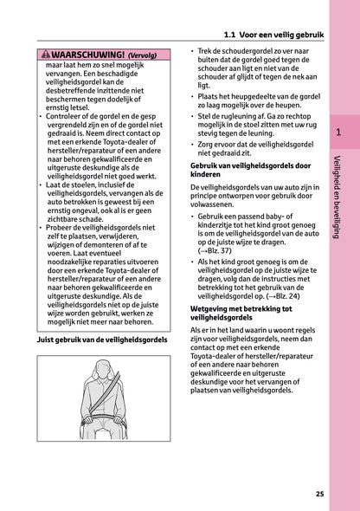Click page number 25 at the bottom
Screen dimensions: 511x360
(320, 494)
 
